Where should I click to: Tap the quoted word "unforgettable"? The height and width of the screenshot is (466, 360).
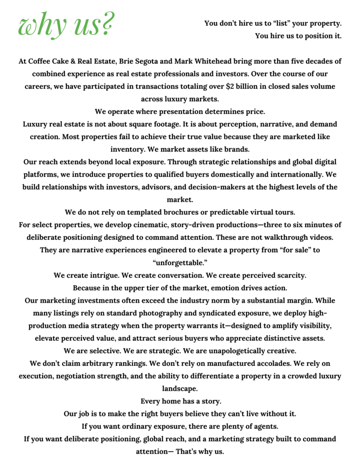point(180,262)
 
